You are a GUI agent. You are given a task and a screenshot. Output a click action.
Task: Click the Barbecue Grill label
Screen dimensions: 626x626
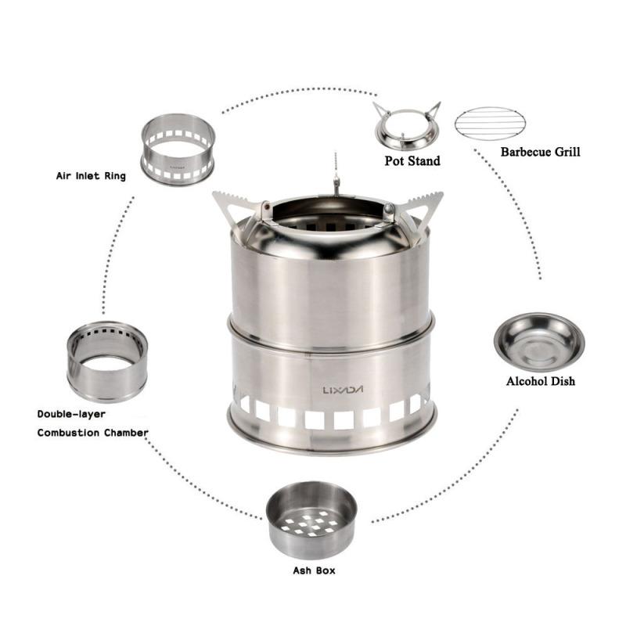(x=540, y=152)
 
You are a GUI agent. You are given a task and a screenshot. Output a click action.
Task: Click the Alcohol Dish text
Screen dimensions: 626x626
(x=541, y=382)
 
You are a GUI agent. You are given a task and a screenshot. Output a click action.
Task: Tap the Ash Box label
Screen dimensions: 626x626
(x=313, y=570)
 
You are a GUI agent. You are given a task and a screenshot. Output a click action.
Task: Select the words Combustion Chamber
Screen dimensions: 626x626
(x=92, y=432)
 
